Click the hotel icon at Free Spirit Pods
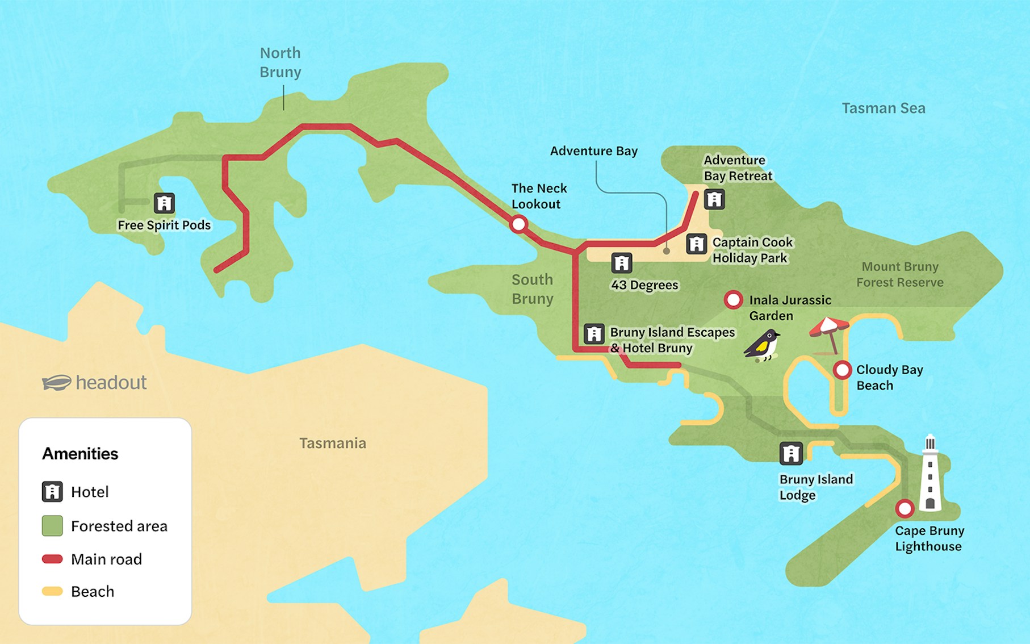[164, 203]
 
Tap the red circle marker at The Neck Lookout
[518, 224]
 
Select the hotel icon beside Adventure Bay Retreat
[714, 199]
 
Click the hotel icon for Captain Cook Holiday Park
[696, 244]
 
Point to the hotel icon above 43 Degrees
[622, 263]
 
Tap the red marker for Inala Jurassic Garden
[733, 300]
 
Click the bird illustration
[763, 345]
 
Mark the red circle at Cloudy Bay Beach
[842, 370]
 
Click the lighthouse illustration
[930, 474]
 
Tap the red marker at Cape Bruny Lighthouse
[905, 508]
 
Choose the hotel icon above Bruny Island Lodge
[791, 453]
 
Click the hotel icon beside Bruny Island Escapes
[594, 333]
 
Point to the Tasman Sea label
[883, 108]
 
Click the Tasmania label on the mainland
[333, 443]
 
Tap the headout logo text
[111, 382]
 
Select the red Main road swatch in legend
[52, 559]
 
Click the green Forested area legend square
[52, 526]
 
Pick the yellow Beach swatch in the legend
[52, 591]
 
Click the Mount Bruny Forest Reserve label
[899, 274]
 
